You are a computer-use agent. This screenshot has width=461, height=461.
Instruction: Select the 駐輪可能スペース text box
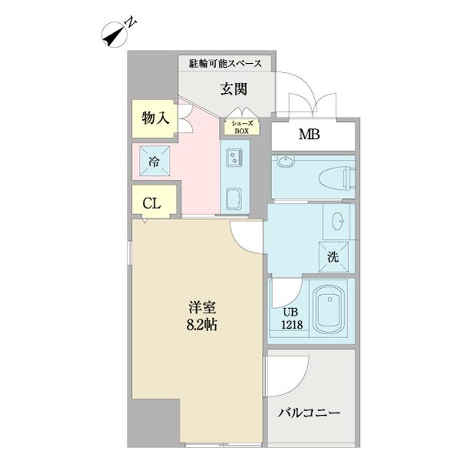[x=225, y=63]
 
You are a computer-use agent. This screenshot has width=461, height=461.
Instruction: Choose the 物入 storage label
[x=154, y=118]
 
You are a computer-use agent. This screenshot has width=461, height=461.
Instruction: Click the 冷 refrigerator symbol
[x=154, y=161]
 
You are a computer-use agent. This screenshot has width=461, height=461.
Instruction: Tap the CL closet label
[x=151, y=204]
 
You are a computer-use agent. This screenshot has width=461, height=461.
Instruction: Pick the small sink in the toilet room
[x=286, y=161]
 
